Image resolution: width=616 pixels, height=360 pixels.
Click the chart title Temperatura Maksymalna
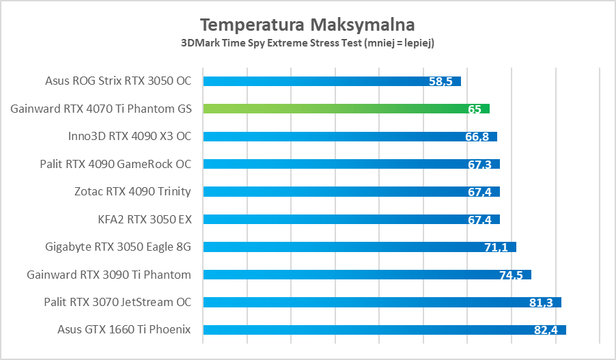[307, 25]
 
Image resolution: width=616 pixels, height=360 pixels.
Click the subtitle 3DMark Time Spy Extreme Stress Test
[307, 43]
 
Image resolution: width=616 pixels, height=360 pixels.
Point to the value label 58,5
[440, 81]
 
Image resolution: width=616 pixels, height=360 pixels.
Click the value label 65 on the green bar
[475, 109]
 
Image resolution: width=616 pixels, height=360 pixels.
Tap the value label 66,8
[477, 137]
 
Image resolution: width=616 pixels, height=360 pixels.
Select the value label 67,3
[479, 165]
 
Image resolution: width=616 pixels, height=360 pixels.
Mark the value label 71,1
[496, 247]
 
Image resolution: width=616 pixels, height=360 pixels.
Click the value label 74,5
[511, 275]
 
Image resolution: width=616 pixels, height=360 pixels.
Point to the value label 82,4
[546, 331]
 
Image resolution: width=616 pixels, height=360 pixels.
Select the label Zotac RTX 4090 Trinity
[132, 191]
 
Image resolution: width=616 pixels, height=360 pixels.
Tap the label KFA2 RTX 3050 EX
[145, 219]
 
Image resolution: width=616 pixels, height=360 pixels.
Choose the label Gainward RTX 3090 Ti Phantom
[109, 275]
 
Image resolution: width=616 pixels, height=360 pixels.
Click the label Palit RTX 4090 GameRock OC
[116, 164]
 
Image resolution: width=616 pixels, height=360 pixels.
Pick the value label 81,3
[541, 303]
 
